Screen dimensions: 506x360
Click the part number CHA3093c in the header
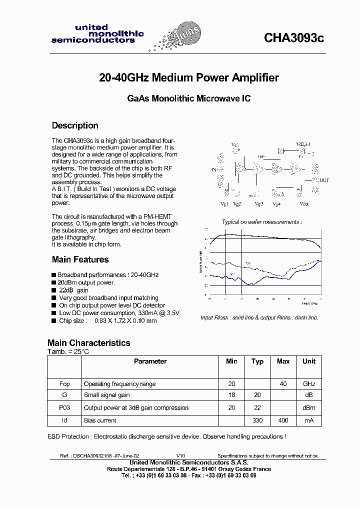pos(294,38)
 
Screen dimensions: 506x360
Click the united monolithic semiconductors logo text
pos(97,34)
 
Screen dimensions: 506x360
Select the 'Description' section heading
pos(75,125)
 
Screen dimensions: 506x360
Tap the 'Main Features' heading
pos(80,259)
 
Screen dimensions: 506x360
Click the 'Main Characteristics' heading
pos(88,343)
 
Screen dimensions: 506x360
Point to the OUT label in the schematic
pos(324,180)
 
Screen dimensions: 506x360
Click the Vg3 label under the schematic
pos(258,204)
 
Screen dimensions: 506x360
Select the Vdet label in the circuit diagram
pos(304,204)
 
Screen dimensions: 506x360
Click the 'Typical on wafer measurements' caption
pos(261,221)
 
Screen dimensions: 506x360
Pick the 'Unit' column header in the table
pos(309,361)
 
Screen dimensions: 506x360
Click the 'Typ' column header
pos(257,361)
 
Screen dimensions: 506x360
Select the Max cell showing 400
pos(283,420)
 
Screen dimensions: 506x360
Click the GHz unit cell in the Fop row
pos(309,384)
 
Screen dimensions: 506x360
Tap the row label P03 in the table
pos(64,408)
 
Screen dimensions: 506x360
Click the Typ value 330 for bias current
pos(257,420)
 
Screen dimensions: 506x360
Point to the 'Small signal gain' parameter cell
pos(106,395)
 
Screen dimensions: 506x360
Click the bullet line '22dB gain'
pos(73,290)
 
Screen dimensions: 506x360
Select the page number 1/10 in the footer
pos(180,456)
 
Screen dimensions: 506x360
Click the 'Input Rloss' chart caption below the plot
pos(259,317)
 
